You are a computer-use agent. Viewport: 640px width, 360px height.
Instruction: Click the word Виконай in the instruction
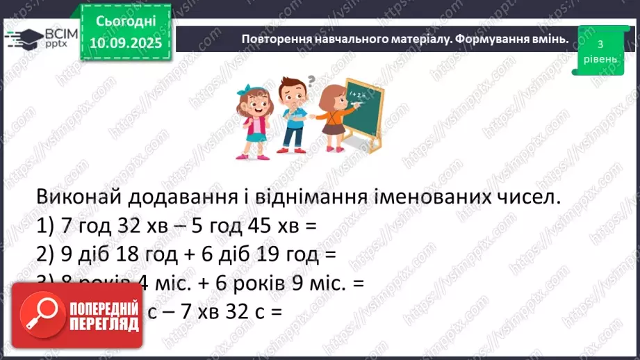point(79,198)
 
